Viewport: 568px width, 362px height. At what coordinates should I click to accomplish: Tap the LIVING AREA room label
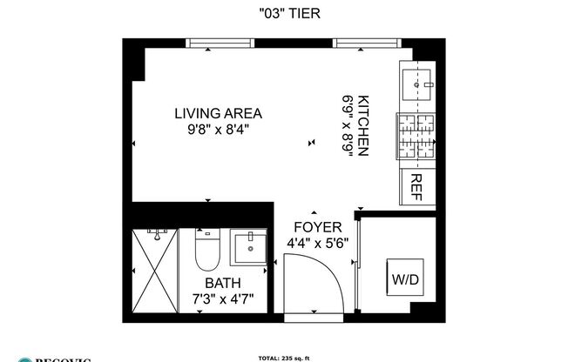218,113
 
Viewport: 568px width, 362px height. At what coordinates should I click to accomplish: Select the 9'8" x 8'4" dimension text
218,131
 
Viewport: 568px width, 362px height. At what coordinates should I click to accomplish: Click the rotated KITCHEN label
363,126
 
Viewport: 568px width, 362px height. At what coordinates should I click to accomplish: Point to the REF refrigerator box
416,185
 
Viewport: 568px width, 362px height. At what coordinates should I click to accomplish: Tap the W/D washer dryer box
404,280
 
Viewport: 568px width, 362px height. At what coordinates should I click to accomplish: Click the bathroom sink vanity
250,249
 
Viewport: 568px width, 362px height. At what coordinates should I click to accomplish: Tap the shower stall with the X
154,271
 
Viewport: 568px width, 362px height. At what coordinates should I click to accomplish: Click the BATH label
222,284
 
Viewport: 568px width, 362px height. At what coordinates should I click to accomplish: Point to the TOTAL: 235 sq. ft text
283,358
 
